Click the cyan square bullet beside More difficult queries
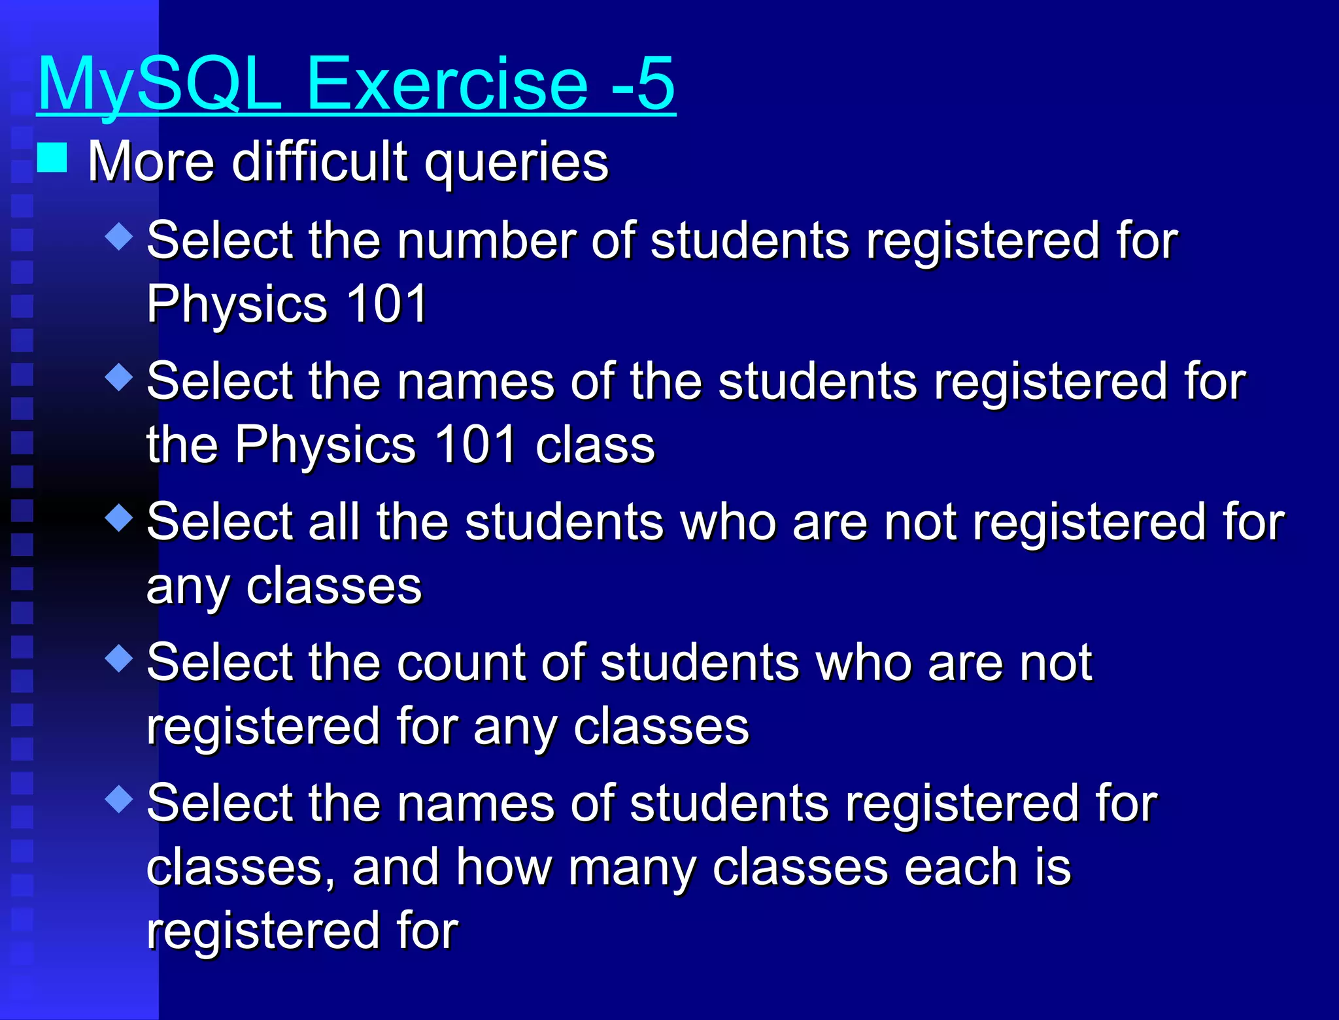tap(52, 158)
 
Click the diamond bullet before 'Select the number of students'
tap(119, 236)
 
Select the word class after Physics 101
tap(594, 445)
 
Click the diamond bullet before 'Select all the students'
tap(119, 518)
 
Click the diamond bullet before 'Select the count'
tap(119, 658)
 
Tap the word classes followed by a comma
tap(240, 868)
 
